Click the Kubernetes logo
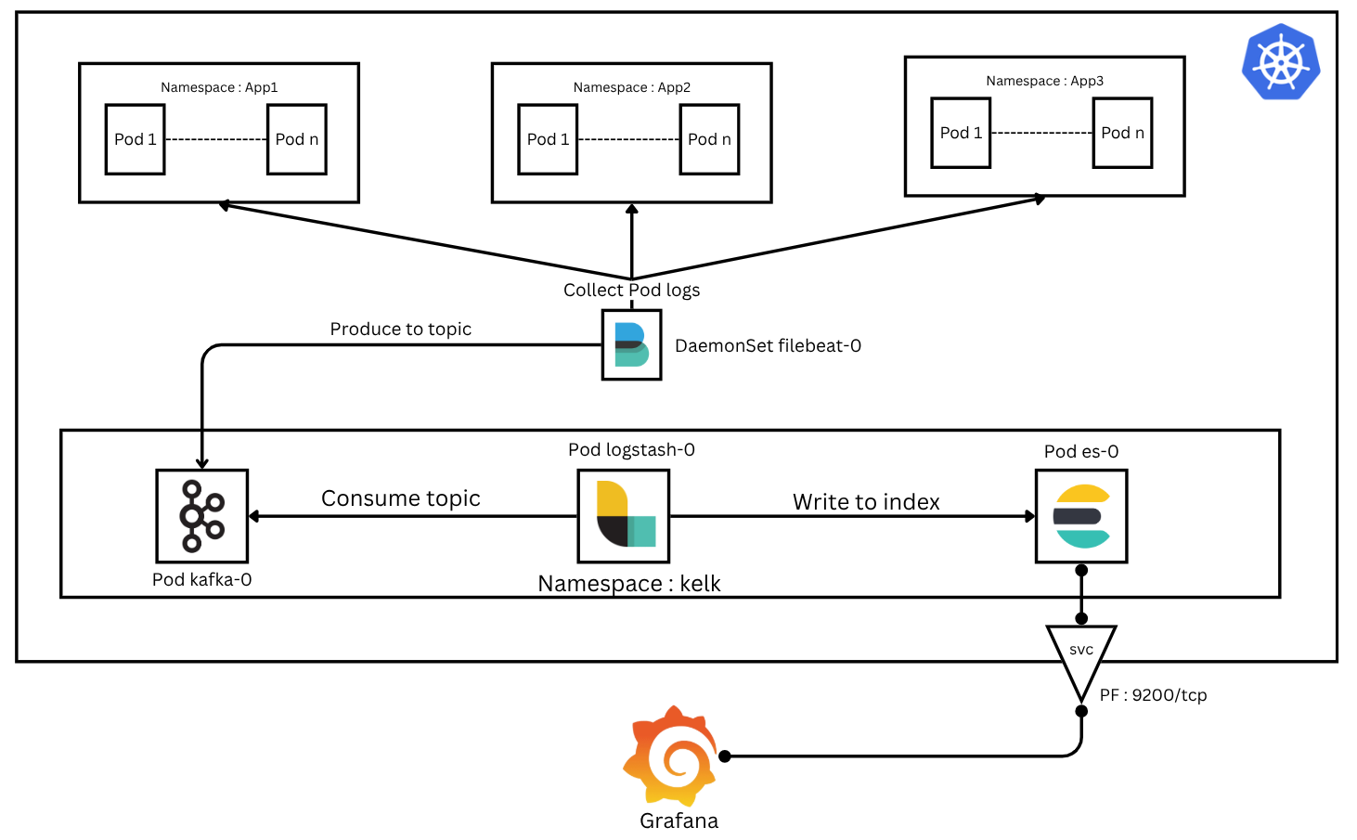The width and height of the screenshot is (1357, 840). point(1281,61)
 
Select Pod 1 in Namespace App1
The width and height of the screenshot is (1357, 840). point(136,139)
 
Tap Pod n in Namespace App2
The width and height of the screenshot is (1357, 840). point(709,139)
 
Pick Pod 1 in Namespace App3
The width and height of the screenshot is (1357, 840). point(961,133)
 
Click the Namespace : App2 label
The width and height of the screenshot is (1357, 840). point(631,87)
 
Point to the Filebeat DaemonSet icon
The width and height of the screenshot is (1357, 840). point(631,345)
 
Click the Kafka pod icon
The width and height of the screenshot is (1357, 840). point(201,516)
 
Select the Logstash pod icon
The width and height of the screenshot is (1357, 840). point(624,516)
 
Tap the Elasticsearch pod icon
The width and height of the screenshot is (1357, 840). point(1081,516)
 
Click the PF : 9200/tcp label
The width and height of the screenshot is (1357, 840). point(1153,695)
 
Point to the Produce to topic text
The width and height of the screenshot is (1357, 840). point(400,329)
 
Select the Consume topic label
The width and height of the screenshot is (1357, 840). point(400,498)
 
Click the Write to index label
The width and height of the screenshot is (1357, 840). point(866,502)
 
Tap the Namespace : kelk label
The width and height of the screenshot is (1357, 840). point(628,584)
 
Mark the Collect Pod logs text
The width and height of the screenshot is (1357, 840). point(631,290)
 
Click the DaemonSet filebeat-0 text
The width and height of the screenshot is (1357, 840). point(768,345)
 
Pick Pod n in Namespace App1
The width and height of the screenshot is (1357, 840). point(297,139)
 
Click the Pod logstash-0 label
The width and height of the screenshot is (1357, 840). point(631,449)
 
